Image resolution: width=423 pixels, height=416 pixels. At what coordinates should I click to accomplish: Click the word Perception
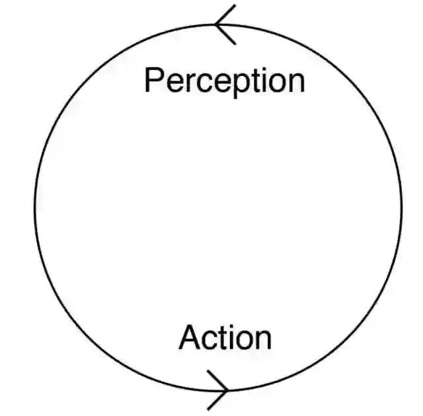point(224,81)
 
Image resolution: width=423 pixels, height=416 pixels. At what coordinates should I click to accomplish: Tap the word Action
point(225,337)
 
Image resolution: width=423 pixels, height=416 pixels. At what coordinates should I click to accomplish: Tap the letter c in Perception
point(205,83)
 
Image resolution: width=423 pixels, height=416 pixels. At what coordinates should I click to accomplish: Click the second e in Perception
point(223,83)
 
